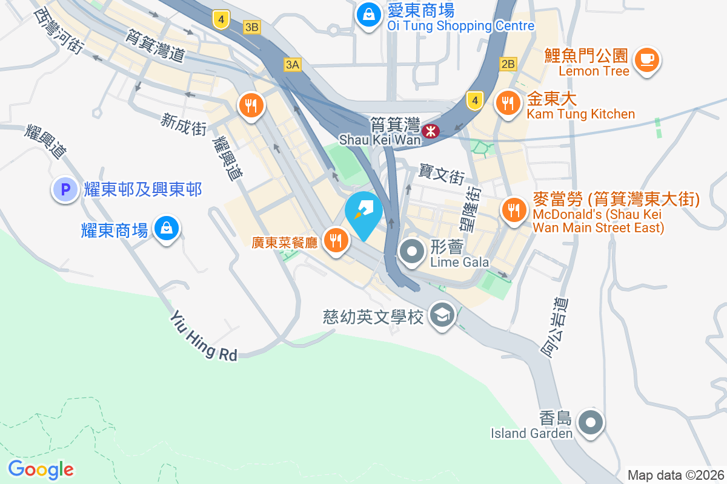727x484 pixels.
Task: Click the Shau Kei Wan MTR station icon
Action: click(x=431, y=130)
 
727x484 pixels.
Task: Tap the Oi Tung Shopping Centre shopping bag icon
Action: click(x=368, y=15)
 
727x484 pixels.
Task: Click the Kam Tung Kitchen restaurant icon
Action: click(x=508, y=103)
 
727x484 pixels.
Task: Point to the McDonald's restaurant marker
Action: click(x=514, y=210)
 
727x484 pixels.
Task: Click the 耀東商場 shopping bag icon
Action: click(x=165, y=229)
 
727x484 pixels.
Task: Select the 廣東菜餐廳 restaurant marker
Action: click(x=335, y=241)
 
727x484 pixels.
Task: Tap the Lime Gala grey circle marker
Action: click(x=413, y=250)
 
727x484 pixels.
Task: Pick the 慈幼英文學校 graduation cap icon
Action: click(x=442, y=315)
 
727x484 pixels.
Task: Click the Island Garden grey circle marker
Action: click(x=590, y=422)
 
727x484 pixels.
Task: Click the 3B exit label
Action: click(x=252, y=27)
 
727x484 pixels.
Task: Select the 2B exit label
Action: click(x=508, y=64)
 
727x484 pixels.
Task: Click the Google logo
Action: click(x=41, y=469)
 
